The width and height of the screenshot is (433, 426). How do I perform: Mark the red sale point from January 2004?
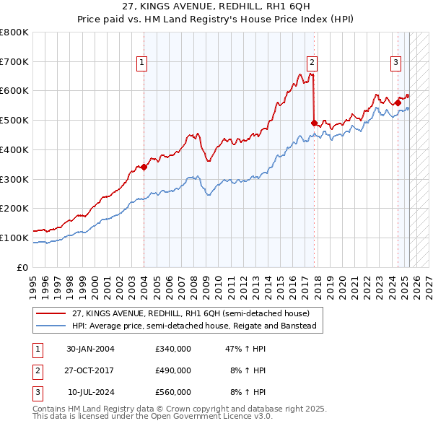click(x=144, y=167)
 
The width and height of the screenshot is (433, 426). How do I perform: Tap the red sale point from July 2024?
click(x=398, y=103)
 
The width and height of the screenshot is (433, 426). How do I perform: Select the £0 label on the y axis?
click(x=22, y=267)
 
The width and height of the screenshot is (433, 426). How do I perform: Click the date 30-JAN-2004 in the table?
click(x=90, y=349)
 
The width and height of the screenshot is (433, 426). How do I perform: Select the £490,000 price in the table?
click(x=173, y=370)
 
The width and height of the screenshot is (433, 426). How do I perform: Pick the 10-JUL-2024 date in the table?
click(x=90, y=392)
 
